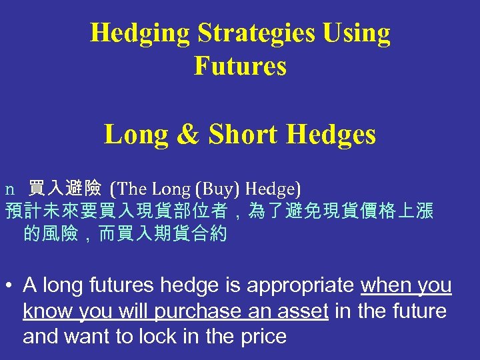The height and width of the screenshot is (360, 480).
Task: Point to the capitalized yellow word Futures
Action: point(240,66)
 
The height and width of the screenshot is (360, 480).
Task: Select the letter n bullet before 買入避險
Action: point(9,189)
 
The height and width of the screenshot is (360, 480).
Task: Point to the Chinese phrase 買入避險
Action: point(65,189)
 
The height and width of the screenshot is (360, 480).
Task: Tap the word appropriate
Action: point(301,286)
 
